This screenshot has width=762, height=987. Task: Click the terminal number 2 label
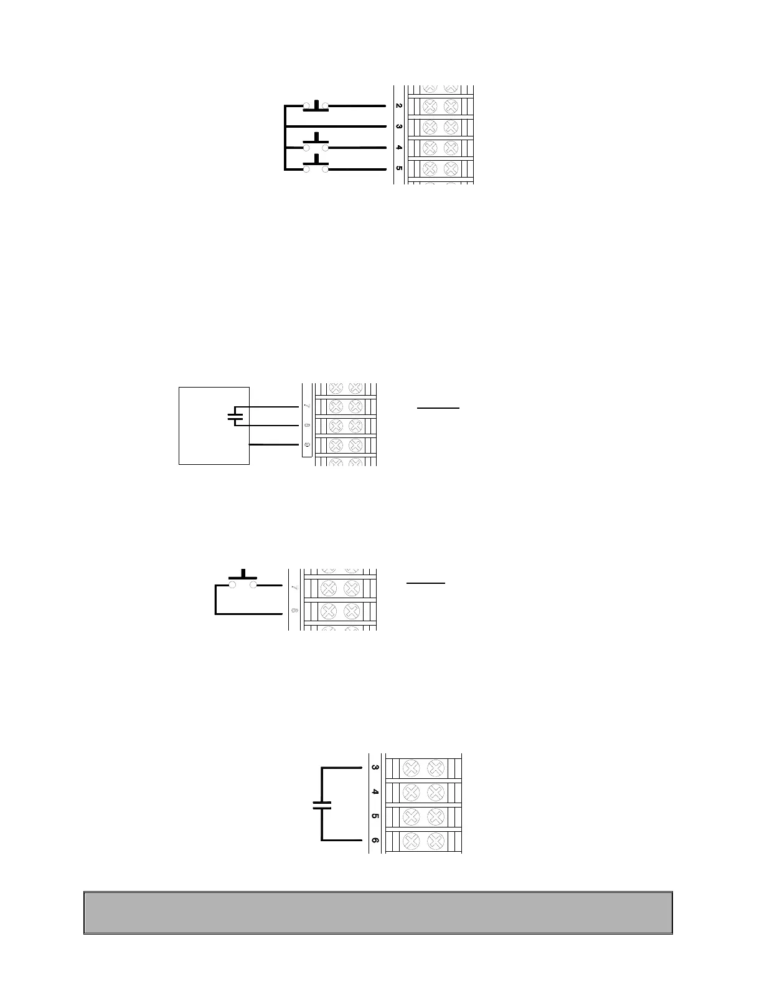pos(398,106)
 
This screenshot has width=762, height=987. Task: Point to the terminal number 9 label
pos(306,445)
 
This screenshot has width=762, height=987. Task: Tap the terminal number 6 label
pos(375,841)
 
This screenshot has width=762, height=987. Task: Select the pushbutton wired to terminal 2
pos(316,105)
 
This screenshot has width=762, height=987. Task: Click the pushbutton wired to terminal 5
pos(316,166)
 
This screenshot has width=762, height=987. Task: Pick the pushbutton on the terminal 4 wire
pos(316,144)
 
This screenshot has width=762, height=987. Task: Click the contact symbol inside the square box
pos(234,416)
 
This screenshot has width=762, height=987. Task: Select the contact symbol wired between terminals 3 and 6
pos(322,804)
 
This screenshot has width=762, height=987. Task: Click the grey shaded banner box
pos(378,912)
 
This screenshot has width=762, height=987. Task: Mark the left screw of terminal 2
pos(429,106)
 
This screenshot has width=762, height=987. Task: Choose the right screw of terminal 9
pos(356,445)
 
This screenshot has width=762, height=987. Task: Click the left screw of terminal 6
pos(410,842)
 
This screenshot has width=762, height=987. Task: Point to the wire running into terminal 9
pos(274,445)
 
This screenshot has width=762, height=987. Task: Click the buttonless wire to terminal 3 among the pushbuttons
pos(336,126)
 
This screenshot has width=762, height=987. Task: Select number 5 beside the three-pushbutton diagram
pos(398,168)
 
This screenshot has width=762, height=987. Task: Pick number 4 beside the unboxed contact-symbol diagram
pos(375,792)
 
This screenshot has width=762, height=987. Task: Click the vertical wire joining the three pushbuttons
pos(285,137)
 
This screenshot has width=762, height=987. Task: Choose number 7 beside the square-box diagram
pos(306,406)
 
